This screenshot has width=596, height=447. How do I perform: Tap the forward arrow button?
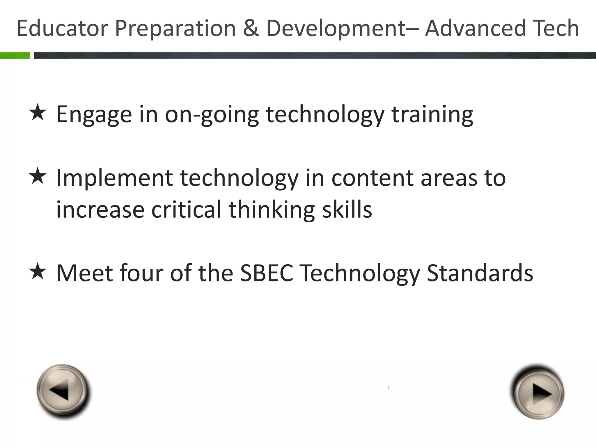pos(538,393)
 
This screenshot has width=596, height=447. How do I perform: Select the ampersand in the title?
pos(251,28)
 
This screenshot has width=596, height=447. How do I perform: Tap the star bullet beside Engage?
pos(38,113)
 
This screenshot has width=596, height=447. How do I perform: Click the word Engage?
pos(94,115)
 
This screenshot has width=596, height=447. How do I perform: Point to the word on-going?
pos(212,115)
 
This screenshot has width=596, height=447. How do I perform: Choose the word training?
pos(432,115)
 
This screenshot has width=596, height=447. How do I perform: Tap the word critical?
pos(187,210)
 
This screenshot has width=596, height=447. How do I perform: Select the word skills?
pos(347,210)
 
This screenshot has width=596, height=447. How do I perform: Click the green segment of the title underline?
pos(15,55)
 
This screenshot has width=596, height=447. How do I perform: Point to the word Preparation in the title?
pos(175,28)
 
